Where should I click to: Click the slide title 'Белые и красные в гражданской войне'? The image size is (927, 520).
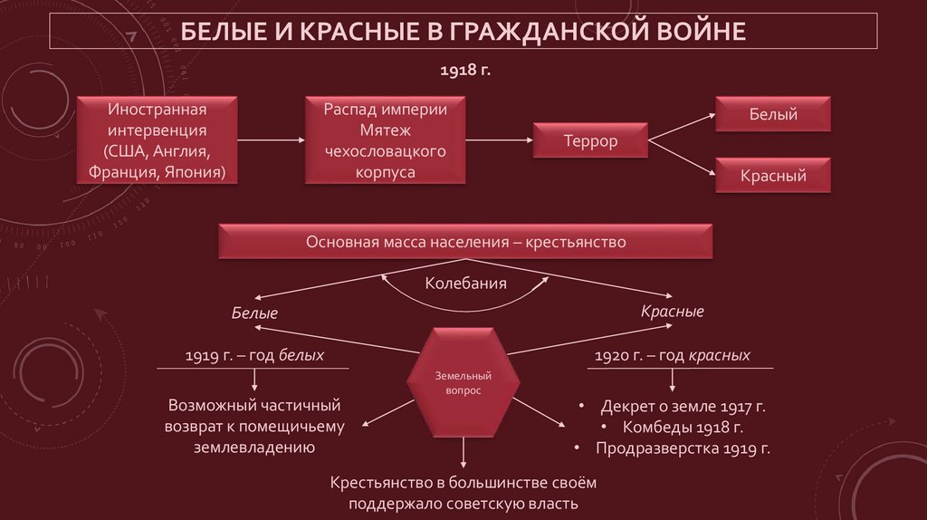[x=463, y=33]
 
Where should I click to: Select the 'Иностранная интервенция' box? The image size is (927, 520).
[x=158, y=140]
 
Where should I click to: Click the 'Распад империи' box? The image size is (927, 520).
[x=386, y=140]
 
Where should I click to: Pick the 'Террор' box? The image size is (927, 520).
[x=590, y=141]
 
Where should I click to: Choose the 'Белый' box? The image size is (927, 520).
[x=773, y=115]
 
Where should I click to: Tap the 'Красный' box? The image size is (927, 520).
[x=773, y=176]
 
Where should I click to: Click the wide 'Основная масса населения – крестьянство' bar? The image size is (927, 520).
[x=466, y=243]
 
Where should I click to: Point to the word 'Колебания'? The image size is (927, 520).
[x=465, y=284]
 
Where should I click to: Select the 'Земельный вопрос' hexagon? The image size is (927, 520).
[x=463, y=381]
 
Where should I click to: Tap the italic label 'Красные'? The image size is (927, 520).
[x=673, y=311]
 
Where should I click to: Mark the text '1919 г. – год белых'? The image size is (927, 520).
[x=253, y=356]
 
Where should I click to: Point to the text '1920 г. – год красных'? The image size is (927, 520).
[x=672, y=356]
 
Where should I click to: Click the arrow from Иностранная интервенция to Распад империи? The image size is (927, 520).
[x=271, y=140]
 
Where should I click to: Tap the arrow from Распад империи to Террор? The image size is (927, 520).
[x=501, y=140]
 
